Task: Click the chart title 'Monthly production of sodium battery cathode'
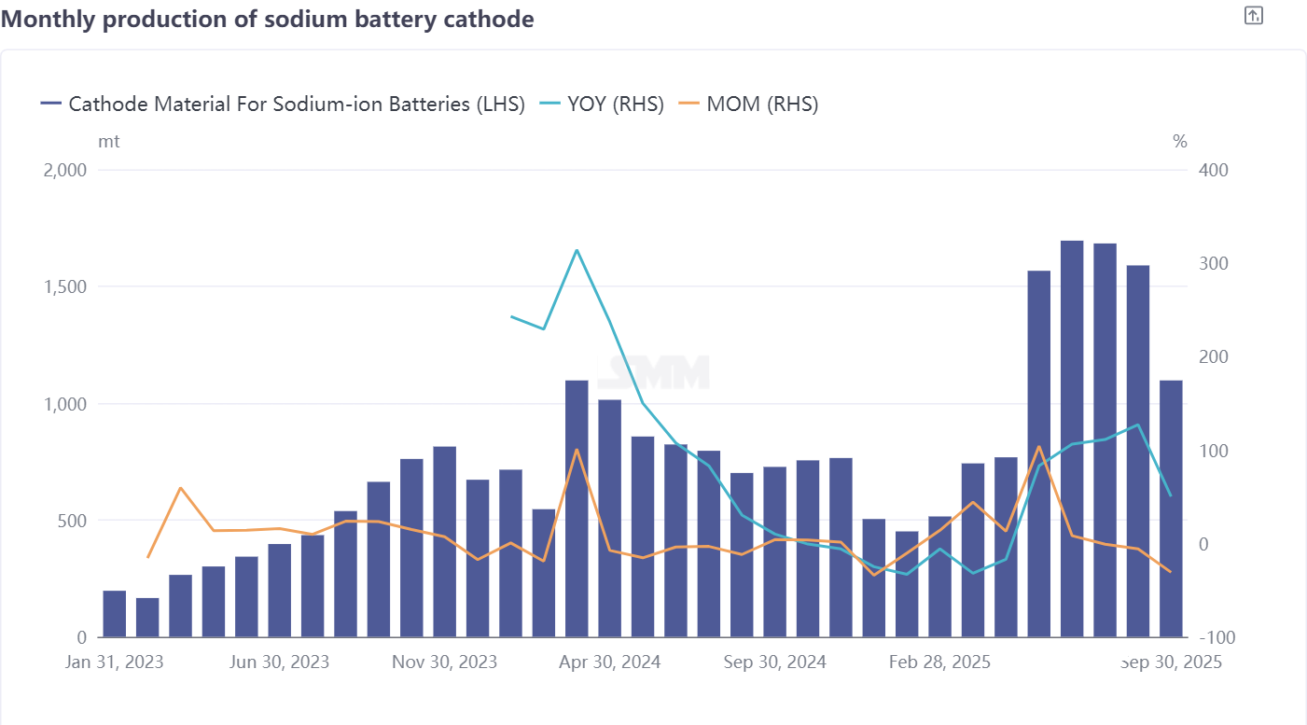(x=268, y=19)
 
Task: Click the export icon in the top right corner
(x=1254, y=15)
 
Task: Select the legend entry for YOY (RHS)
(x=615, y=105)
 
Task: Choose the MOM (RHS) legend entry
(x=761, y=105)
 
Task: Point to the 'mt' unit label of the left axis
(x=108, y=142)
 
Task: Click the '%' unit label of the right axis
(x=1180, y=142)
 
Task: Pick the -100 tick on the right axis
(x=1214, y=638)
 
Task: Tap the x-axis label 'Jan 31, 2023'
(x=115, y=662)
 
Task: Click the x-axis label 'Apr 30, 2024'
(x=610, y=662)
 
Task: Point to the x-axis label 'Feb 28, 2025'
(x=939, y=662)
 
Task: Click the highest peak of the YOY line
(x=577, y=250)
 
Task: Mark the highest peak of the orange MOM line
(x=1038, y=446)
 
